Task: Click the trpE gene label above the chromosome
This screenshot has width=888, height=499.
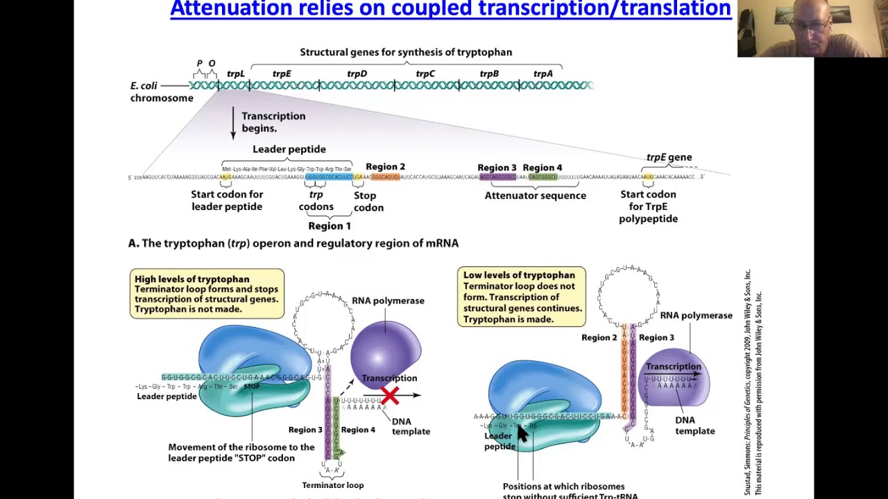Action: coord(282,73)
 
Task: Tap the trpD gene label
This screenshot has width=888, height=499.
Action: coord(357,73)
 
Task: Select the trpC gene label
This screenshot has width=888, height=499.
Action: coord(425,73)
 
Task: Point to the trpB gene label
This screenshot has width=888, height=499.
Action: coord(489,73)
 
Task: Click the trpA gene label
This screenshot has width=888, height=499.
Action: coord(543,73)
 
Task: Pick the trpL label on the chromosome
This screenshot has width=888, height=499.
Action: coord(236,73)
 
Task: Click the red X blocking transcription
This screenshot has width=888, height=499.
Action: coord(390,396)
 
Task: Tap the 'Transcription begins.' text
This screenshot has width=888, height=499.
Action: coord(273,122)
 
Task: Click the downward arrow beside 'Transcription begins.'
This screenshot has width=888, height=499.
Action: coord(234,123)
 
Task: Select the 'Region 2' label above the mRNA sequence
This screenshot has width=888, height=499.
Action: coord(385,166)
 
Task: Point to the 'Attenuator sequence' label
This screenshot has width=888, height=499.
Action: coord(535,195)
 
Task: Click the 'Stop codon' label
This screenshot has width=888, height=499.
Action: coord(368,201)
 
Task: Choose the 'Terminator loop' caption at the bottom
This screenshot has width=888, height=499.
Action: coord(332,485)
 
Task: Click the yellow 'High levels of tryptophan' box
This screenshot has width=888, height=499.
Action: coord(207,294)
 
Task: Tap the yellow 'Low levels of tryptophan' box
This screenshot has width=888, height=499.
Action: coord(521,297)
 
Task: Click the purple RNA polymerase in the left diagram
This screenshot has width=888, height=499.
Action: coord(385,350)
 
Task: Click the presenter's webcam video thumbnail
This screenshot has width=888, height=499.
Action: coord(812,28)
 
